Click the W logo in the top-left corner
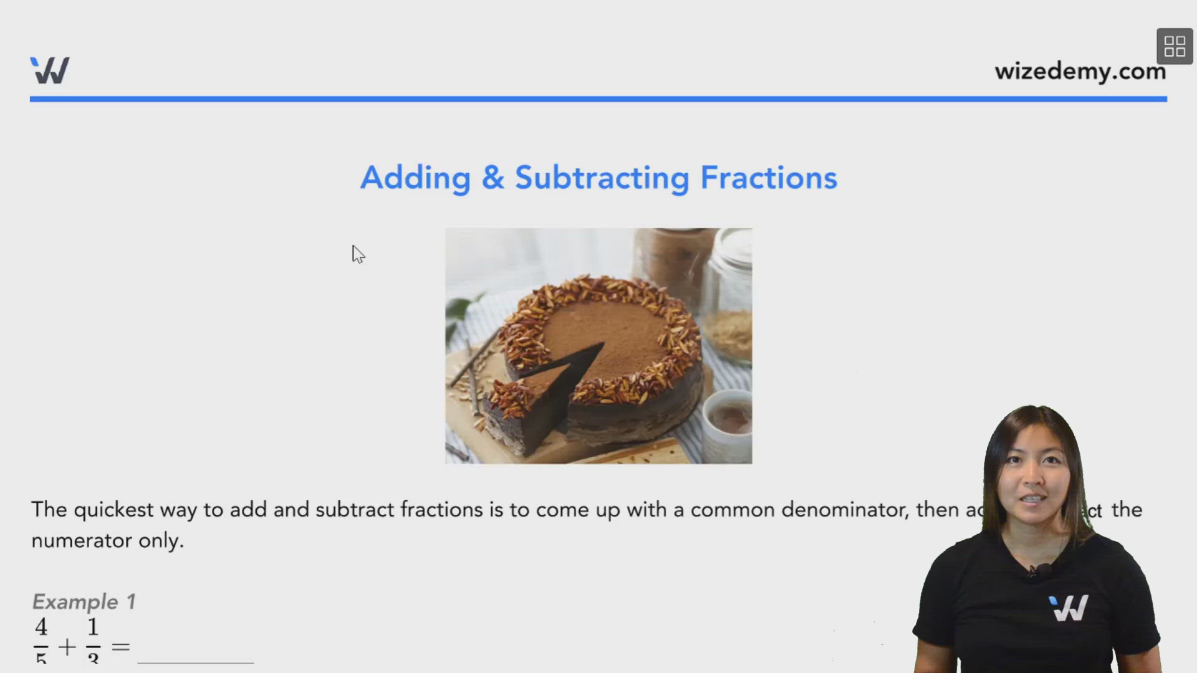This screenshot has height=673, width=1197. point(50,70)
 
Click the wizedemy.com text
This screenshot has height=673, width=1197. point(1080,72)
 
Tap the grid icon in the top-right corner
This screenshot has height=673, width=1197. point(1175,46)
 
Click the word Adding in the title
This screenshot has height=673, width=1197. point(415,178)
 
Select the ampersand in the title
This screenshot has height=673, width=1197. point(493,178)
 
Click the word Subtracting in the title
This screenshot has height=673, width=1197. point(602,178)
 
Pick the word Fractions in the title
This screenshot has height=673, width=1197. point(768,178)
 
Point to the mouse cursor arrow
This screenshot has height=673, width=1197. point(357,253)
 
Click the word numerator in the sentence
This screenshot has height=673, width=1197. point(81,541)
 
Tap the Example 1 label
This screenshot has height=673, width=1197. point(84,602)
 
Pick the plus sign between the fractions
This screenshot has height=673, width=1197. point(67,647)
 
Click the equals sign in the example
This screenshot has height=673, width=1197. point(120,647)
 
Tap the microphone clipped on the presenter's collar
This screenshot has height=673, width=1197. point(1040,570)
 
